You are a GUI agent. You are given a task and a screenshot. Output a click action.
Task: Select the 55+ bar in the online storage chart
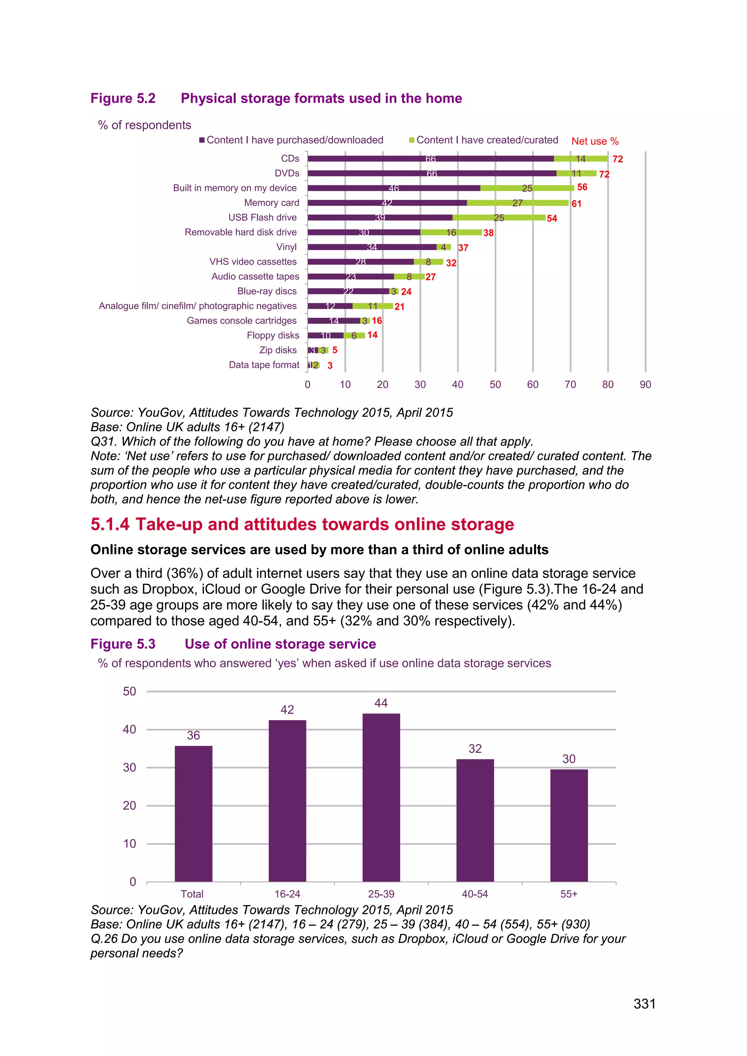pyautogui.click(x=569, y=825)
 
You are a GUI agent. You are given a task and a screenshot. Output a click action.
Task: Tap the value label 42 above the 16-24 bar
pyautogui.click(x=287, y=710)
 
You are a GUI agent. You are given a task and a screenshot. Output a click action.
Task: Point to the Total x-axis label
pyautogui.click(x=192, y=894)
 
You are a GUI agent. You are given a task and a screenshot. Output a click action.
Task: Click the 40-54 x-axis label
pyautogui.click(x=475, y=894)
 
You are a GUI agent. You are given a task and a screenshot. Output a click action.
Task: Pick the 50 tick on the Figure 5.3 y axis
pyautogui.click(x=130, y=691)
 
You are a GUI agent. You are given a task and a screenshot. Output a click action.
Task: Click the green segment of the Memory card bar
pyautogui.click(x=518, y=203)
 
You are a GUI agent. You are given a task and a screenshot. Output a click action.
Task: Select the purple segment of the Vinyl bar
pyautogui.click(x=372, y=247)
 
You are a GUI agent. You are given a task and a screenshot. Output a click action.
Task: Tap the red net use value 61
pyautogui.click(x=576, y=204)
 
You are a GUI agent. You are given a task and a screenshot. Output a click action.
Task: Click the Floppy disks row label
pyautogui.click(x=273, y=335)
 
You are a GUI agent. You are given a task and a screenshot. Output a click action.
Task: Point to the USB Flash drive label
pyautogui.click(x=262, y=218)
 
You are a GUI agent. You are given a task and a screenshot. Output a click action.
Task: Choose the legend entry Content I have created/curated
pyautogui.click(x=487, y=140)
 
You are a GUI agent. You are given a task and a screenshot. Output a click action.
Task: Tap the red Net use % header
pyautogui.click(x=595, y=141)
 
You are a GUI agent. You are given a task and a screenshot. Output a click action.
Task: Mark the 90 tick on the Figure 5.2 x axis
pyautogui.click(x=645, y=384)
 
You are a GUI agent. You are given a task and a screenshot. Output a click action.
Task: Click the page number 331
pyautogui.click(x=644, y=1003)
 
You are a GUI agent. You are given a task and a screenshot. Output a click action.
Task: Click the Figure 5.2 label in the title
pyautogui.click(x=123, y=98)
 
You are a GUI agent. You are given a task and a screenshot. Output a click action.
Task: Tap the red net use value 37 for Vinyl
pyautogui.click(x=463, y=248)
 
